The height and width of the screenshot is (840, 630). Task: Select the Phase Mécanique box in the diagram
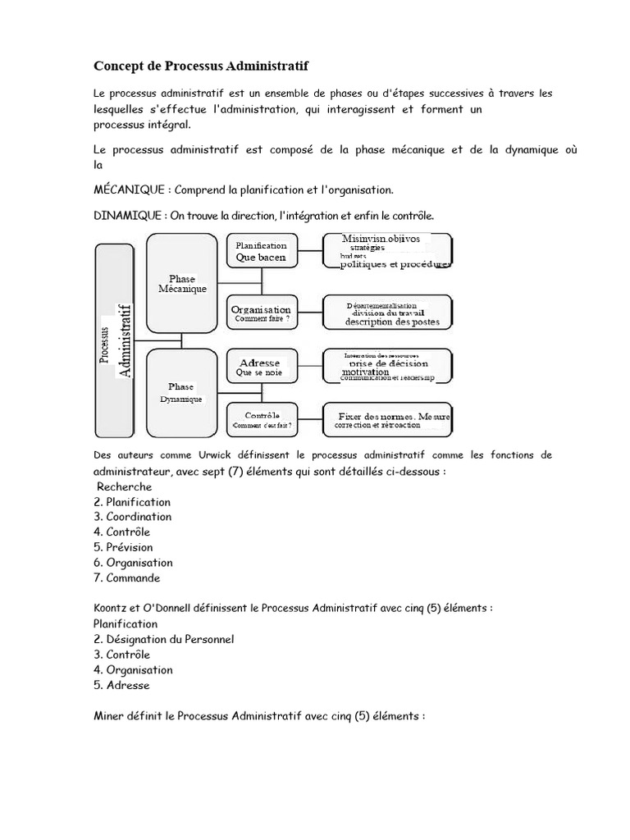click(x=181, y=282)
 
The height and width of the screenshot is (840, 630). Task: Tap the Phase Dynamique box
click(x=181, y=392)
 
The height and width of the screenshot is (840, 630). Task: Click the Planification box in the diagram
click(x=261, y=250)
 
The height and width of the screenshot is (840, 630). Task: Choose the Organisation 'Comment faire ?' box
click(x=261, y=313)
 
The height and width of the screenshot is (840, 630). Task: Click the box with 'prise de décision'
click(x=389, y=367)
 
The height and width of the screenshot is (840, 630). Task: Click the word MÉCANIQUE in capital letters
click(x=129, y=189)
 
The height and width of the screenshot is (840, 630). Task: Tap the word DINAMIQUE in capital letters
click(x=127, y=215)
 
